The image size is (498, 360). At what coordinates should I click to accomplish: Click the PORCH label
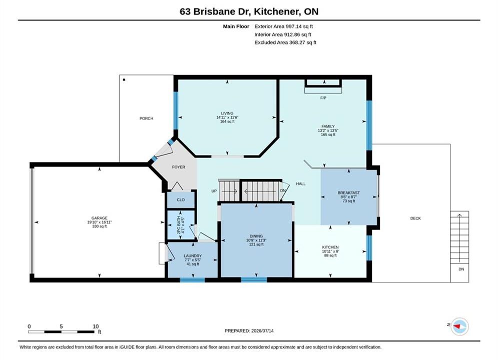(146, 118)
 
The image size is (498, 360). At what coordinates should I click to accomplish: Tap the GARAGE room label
(100, 218)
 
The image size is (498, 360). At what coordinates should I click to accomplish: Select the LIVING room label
(227, 113)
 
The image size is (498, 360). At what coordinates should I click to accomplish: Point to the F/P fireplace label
(323, 98)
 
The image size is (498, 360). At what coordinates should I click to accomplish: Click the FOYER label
(179, 167)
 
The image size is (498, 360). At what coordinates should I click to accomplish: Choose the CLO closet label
(181, 200)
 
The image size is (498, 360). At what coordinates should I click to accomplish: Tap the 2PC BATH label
(179, 225)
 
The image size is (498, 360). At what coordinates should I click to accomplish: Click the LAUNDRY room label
(193, 255)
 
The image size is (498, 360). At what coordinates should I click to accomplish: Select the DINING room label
(256, 236)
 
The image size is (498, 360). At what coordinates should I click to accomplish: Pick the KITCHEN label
(330, 247)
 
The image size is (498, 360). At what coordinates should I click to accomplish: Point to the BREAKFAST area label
(349, 192)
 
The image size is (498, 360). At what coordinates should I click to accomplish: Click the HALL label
(301, 183)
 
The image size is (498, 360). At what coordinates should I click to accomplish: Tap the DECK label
(415, 218)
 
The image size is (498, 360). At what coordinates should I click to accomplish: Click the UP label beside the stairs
(214, 191)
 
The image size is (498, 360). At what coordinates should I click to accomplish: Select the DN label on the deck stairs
(461, 269)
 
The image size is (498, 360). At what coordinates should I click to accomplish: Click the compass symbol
(459, 326)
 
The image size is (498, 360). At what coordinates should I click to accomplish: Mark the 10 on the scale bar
(96, 326)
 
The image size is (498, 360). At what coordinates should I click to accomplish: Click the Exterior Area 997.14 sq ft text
(284, 26)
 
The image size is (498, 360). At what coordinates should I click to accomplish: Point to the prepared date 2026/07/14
(262, 330)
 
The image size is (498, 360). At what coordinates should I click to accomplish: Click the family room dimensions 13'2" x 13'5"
(328, 130)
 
